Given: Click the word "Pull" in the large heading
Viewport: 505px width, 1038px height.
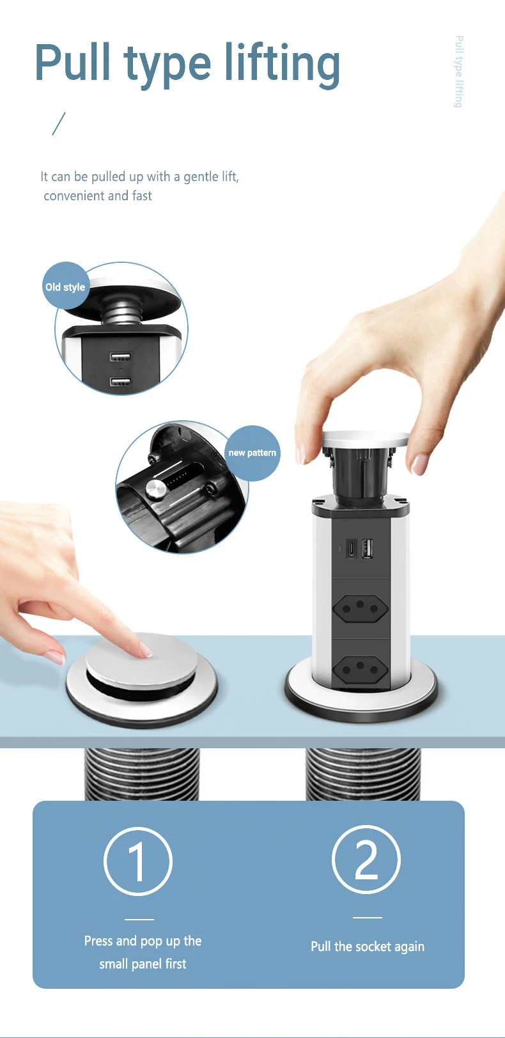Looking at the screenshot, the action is tap(73, 61).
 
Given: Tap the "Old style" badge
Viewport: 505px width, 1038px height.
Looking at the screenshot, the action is tap(65, 287).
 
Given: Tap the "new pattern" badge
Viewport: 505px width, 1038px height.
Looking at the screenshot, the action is tap(252, 453).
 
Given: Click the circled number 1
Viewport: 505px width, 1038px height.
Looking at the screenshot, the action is tap(138, 861).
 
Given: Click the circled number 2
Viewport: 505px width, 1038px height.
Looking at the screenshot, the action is tap(366, 859).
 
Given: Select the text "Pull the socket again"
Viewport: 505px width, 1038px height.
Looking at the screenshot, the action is tap(368, 947).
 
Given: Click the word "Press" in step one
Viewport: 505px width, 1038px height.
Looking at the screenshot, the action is tap(98, 941).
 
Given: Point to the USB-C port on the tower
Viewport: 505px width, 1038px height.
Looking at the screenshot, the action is tap(352, 549).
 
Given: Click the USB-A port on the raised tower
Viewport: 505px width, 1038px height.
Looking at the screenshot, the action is tap(368, 549).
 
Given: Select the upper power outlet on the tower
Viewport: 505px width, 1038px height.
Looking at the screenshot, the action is tap(361, 608).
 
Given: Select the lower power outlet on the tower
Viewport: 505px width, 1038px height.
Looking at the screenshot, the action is tap(361, 668).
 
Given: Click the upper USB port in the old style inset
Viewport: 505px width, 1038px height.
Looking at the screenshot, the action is tap(120, 356).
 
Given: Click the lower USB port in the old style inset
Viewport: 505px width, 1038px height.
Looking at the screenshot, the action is tap(120, 382).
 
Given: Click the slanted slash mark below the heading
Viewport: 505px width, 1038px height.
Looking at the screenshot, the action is tap(59, 123).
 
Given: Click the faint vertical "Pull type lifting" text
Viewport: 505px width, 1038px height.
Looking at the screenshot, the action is tap(459, 72).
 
